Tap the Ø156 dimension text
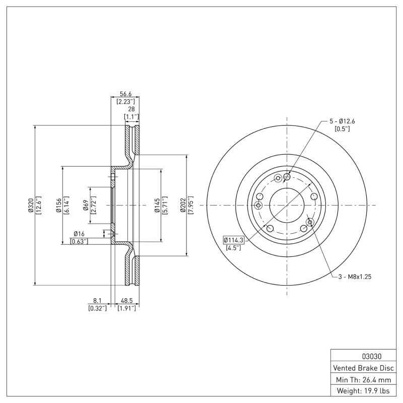tap(58, 206)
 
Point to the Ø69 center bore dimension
tap(86, 206)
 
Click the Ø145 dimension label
tap(157, 206)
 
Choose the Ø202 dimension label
tap(183, 206)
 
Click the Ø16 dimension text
tap(79, 234)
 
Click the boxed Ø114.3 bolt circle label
tap(233, 240)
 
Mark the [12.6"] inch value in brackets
tap(38, 206)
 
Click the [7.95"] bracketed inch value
tap(191, 206)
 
